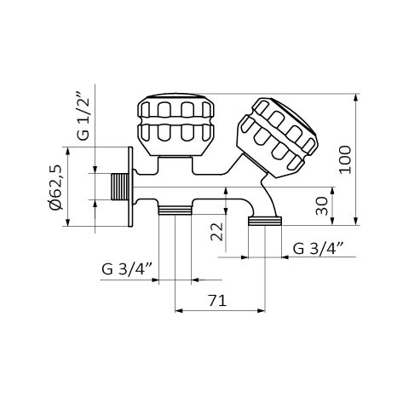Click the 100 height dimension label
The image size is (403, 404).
click(x=345, y=159)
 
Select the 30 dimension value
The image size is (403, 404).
click(x=322, y=206)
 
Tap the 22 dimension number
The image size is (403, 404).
click(x=217, y=232)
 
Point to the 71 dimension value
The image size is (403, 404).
click(x=217, y=301)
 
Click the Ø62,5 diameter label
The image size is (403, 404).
click(x=55, y=187)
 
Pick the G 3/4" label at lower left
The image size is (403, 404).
click(x=127, y=268)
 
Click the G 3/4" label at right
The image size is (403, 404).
click(x=319, y=248)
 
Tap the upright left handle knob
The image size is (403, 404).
click(x=176, y=124)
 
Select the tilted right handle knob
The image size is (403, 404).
click(x=277, y=137)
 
